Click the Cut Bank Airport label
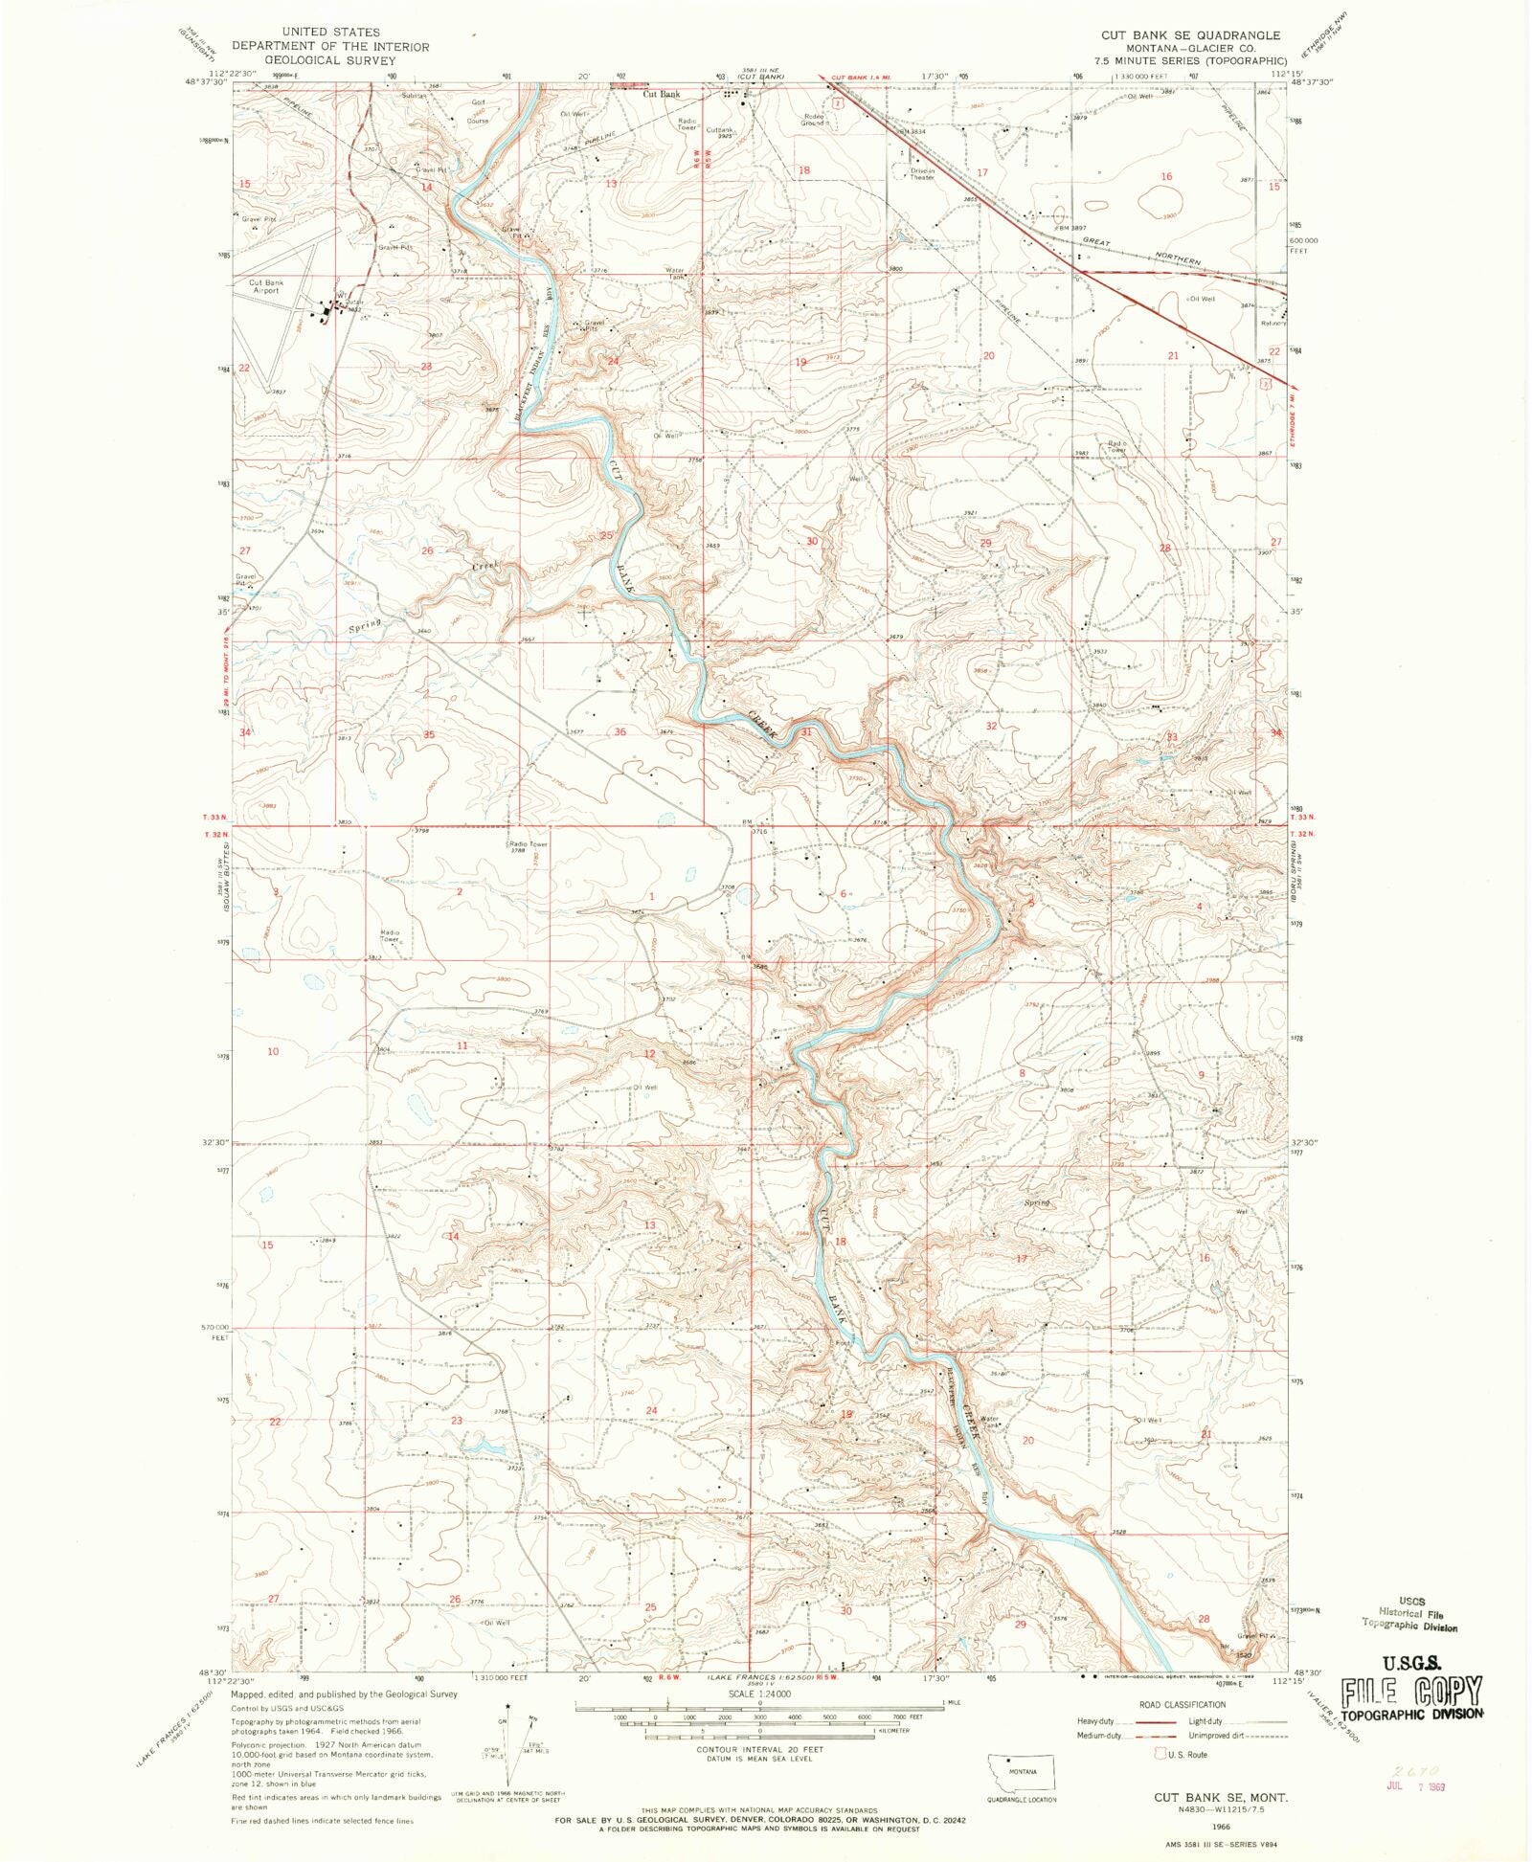[266, 286]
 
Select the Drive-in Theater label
[921, 174]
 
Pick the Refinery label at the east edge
[1273, 323]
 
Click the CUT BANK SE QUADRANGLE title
[1189, 35]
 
